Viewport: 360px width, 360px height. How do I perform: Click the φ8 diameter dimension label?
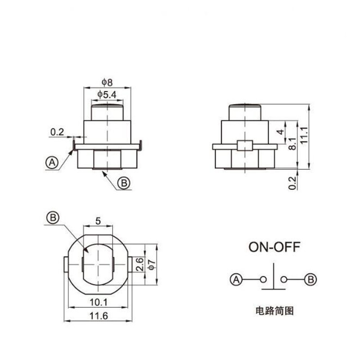tap(107, 82)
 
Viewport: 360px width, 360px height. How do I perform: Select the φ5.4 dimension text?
tap(107, 94)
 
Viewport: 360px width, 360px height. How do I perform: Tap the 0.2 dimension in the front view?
tap(57, 132)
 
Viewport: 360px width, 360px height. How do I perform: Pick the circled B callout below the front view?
tap(123, 183)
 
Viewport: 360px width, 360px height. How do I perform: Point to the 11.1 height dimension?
tap(304, 135)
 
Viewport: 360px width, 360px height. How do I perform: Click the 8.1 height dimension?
tap(292, 144)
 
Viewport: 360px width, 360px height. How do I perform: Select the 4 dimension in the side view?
tap(280, 132)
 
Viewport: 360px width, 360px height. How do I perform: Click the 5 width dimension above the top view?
tap(98, 221)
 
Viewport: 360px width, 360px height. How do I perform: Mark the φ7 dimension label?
tap(151, 265)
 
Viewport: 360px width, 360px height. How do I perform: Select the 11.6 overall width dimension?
tap(98, 316)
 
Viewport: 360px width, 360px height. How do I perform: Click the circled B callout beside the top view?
tap(53, 218)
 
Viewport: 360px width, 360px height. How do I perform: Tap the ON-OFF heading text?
tap(273, 247)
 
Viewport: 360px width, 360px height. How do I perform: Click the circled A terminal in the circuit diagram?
tap(236, 279)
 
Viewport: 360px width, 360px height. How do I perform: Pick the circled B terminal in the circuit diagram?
tap(310, 279)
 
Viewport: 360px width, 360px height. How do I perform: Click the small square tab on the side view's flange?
tap(243, 146)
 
